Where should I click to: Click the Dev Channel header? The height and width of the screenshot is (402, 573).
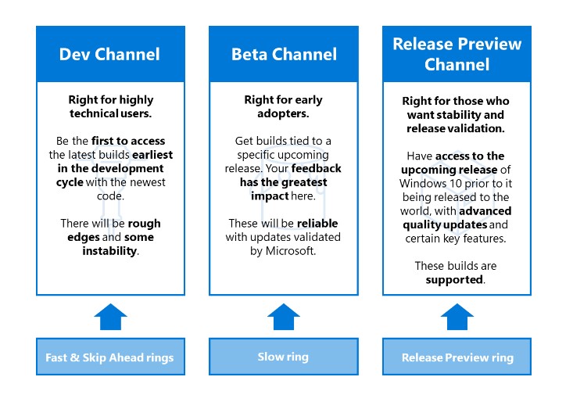[109, 54]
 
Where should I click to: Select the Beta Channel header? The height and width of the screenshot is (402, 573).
[284, 54]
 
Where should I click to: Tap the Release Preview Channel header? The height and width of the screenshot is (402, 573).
[457, 54]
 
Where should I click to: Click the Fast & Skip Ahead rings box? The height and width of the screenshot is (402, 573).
[109, 357]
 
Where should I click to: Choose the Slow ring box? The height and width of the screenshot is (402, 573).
[283, 357]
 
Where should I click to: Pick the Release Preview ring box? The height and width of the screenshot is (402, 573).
[457, 357]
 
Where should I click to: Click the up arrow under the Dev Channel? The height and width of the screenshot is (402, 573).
[109, 317]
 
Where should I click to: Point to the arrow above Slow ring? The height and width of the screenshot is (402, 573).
[283, 317]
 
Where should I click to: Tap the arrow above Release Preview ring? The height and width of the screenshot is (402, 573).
[457, 317]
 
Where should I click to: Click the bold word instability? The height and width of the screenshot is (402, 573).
[109, 251]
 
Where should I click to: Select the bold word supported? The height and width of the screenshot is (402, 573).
[456, 279]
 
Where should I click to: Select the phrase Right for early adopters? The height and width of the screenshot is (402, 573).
[283, 106]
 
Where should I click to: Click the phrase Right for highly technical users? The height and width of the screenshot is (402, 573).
[109, 106]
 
